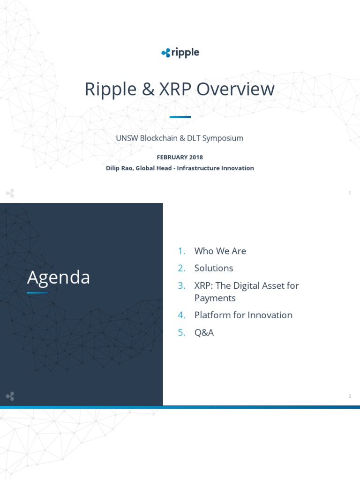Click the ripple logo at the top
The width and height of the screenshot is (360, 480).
(x=180, y=52)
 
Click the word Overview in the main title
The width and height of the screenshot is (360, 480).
(x=235, y=89)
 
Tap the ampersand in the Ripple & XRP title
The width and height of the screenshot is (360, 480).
(x=148, y=90)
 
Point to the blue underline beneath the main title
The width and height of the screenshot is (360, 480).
(x=180, y=117)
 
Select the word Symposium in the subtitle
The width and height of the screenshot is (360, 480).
(x=223, y=138)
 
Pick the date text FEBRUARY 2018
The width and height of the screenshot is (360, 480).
(x=180, y=157)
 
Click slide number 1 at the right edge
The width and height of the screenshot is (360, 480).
(x=350, y=193)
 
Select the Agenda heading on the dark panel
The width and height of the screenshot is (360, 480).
(x=59, y=277)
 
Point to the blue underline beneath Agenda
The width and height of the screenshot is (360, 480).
(x=37, y=292)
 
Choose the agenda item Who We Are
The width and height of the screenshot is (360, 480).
(x=220, y=251)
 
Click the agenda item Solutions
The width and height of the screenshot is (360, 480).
(x=214, y=268)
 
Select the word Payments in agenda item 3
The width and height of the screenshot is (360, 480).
(x=215, y=298)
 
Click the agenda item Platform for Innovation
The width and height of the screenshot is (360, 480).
(x=243, y=315)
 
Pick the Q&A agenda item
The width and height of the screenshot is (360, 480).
(x=204, y=332)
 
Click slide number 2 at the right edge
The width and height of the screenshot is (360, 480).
(x=350, y=396)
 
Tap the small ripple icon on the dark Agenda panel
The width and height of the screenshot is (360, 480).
(x=10, y=396)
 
